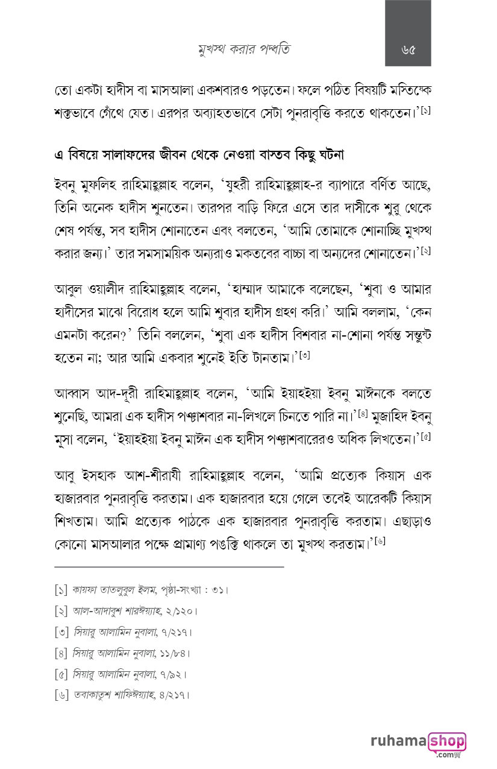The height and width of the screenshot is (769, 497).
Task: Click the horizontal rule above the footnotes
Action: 169,567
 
